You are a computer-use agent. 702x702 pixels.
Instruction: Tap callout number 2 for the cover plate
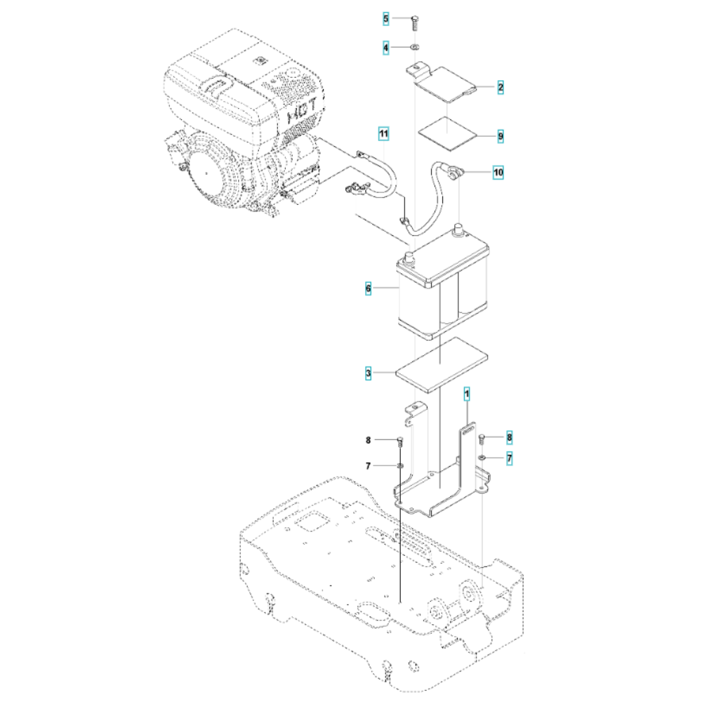click(500, 88)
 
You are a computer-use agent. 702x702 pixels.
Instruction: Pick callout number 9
click(500, 135)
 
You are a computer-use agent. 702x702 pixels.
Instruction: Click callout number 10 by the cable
click(498, 171)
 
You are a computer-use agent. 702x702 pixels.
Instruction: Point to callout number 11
click(383, 133)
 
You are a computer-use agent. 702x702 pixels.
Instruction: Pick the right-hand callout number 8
click(509, 437)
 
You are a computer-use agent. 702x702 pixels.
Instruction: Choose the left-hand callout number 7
click(368, 466)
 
